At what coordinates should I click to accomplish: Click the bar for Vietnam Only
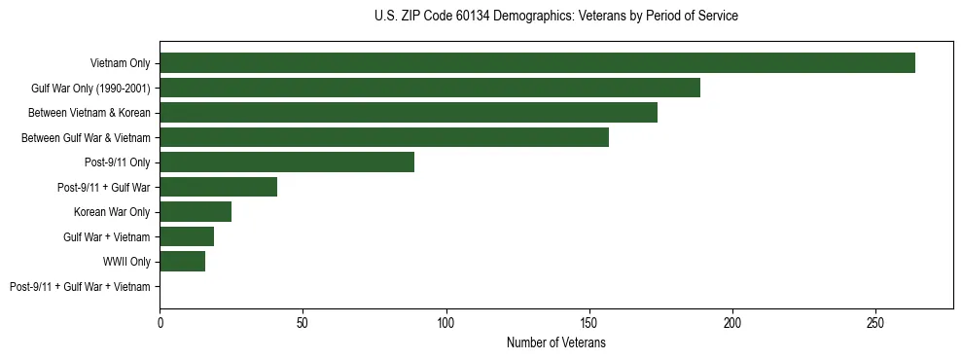tap(537, 63)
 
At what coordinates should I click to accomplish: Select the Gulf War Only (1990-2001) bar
tap(430, 88)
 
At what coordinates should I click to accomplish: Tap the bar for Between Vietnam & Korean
tap(409, 113)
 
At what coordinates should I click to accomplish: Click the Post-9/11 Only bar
tap(287, 162)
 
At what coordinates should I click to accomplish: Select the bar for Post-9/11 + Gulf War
tap(219, 187)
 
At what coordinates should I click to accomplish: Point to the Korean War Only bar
tap(196, 212)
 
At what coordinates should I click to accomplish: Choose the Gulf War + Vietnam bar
tap(187, 236)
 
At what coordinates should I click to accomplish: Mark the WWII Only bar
tap(183, 262)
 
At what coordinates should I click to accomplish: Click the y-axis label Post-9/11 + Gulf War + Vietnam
tap(80, 287)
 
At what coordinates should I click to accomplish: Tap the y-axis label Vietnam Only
tap(120, 63)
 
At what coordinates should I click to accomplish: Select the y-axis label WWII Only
tap(126, 262)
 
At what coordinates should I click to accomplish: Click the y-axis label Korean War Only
tap(112, 212)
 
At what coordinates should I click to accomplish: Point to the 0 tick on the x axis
tap(160, 322)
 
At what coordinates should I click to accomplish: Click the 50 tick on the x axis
tap(303, 322)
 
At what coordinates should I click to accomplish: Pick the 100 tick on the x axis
tap(446, 322)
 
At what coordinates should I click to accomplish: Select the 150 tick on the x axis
tap(589, 322)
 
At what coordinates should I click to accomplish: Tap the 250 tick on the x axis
tap(875, 322)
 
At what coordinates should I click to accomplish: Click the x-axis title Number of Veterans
tap(555, 342)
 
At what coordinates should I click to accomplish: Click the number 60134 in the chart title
tap(513, 17)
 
